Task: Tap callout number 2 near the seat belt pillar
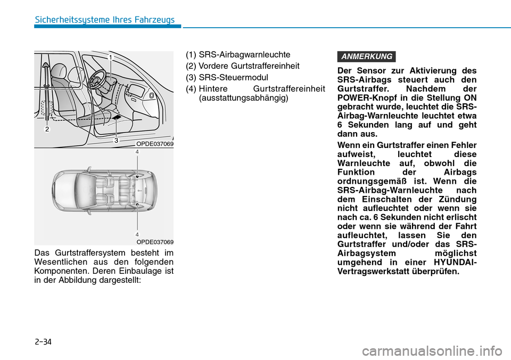coord(47,129)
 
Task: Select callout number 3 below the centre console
coord(116,141)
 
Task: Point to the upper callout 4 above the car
coord(137,152)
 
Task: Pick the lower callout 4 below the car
coord(137,234)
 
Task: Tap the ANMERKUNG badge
coord(366,56)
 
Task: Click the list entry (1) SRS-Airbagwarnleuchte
coord(237,55)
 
